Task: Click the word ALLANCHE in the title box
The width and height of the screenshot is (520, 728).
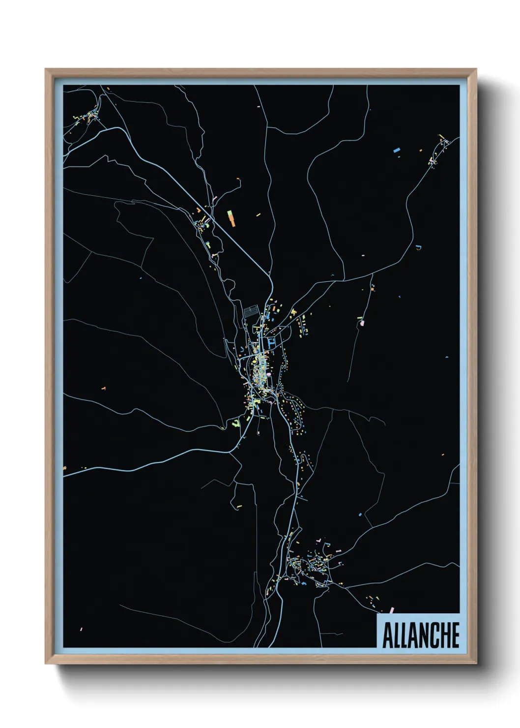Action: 420,636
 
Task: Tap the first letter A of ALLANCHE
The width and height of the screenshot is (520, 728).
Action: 386,636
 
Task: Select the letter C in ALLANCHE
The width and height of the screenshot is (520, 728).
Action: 432,636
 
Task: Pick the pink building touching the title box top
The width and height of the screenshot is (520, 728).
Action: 392,610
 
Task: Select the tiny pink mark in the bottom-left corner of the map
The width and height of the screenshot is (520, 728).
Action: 81,629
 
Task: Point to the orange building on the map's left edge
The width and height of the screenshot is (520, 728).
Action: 64,467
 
